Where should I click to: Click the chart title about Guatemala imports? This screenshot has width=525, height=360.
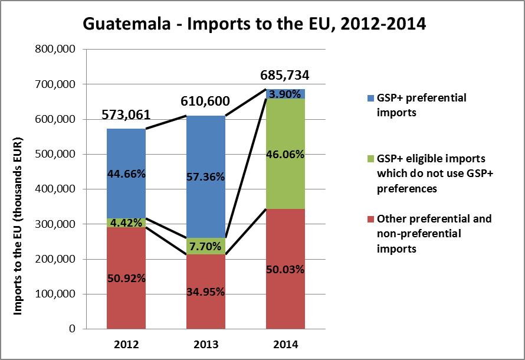click(255, 24)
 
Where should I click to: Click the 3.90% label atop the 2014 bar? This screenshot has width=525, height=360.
click(286, 94)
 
